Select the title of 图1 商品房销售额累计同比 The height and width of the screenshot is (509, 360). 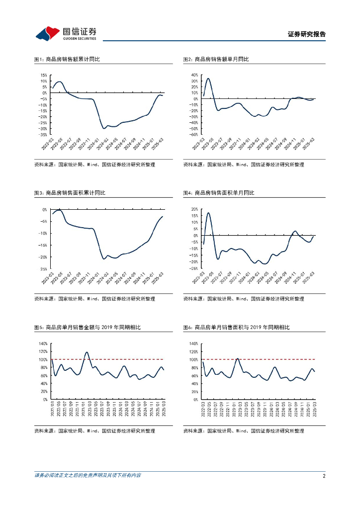point(67,59)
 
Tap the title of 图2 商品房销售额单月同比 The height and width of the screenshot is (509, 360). point(216,59)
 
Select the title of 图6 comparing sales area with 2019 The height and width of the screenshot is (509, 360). point(236,328)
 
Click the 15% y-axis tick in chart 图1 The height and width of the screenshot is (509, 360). point(44,75)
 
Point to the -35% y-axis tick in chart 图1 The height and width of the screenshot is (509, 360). point(43,135)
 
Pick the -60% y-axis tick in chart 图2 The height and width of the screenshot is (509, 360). point(193,135)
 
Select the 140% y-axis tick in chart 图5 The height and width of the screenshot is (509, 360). point(43,343)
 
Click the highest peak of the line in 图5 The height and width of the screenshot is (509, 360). point(87,352)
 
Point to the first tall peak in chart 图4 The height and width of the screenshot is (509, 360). point(208,213)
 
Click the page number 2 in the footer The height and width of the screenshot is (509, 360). point(324,476)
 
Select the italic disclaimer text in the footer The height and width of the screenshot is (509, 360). point(88,476)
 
